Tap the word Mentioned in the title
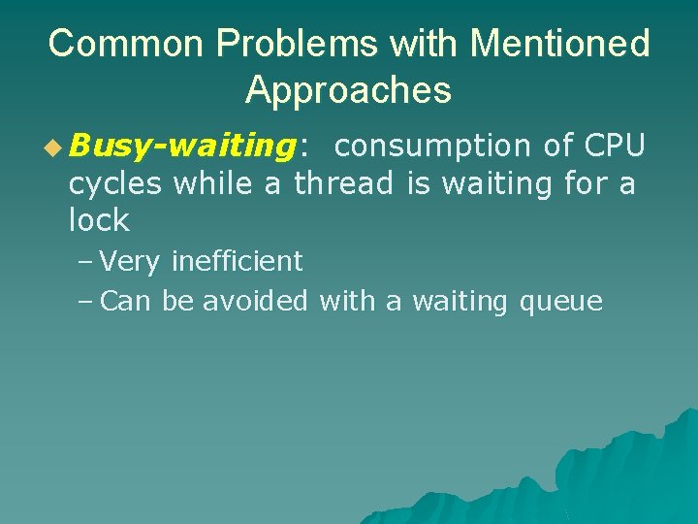(559, 44)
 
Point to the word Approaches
(348, 90)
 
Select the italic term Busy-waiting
(181, 147)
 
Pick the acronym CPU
(615, 146)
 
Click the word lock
(98, 220)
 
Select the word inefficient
(237, 261)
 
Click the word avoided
(254, 302)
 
